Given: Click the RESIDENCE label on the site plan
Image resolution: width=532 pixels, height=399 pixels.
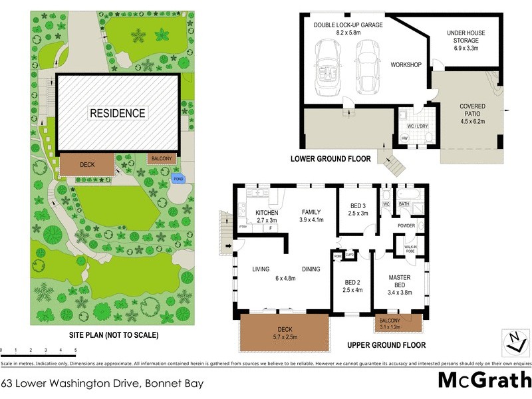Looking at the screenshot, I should [118, 113].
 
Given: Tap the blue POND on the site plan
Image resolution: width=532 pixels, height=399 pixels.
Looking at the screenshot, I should [178, 179].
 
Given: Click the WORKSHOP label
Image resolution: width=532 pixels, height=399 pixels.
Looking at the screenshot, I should [406, 65].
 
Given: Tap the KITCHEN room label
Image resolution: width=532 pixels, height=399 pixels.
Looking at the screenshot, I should [261, 212].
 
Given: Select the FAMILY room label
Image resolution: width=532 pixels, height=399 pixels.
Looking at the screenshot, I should [311, 212].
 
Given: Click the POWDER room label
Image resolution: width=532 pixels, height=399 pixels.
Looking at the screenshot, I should [406, 226].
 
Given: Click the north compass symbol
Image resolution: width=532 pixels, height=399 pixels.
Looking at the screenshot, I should [513, 342].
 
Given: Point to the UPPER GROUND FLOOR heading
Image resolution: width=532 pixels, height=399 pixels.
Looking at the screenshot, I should [386, 346].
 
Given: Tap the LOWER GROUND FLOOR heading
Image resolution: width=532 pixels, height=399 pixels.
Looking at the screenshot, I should [330, 160].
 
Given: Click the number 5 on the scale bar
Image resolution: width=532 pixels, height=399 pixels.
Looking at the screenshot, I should [75, 350].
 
